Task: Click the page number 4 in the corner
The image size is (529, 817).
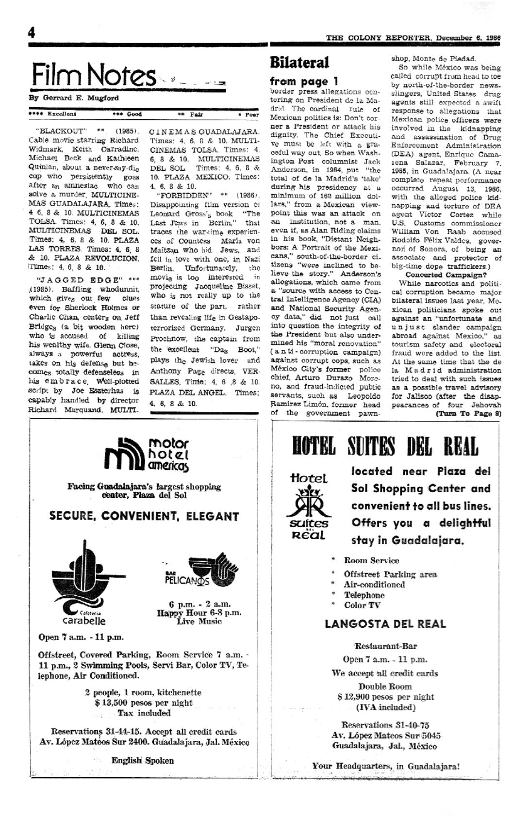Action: click(x=32, y=33)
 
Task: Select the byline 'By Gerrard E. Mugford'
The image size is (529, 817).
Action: click(x=74, y=98)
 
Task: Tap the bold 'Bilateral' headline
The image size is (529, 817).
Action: click(x=299, y=63)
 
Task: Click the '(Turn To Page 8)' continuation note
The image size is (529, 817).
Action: click(x=468, y=413)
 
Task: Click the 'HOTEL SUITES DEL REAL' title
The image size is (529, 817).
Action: click(x=385, y=446)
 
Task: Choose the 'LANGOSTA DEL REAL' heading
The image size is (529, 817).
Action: click(x=385, y=624)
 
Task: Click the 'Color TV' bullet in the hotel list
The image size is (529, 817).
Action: click(x=362, y=605)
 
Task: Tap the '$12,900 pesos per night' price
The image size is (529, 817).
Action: click(x=385, y=697)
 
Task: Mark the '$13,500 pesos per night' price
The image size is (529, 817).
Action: click(x=144, y=703)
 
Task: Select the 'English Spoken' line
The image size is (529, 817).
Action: click(x=142, y=760)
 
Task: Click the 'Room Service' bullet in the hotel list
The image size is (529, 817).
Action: click(x=371, y=560)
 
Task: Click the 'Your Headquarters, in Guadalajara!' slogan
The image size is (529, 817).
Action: click(x=385, y=766)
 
